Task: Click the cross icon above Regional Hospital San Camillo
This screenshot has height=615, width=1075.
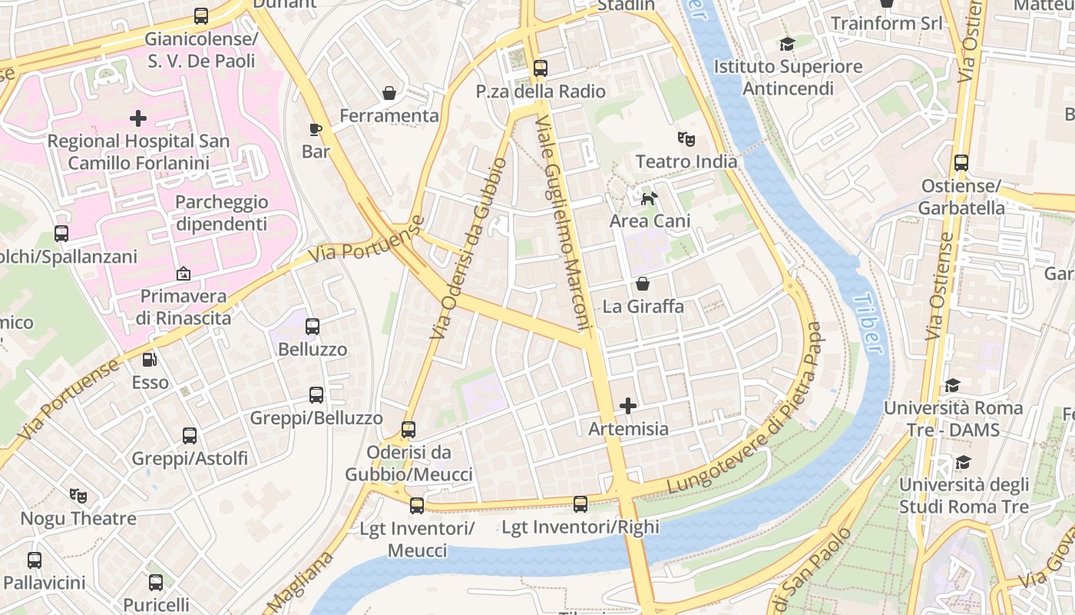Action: click(x=138, y=118)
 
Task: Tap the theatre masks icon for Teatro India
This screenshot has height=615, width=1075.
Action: click(x=686, y=139)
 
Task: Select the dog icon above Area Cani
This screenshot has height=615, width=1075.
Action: click(x=650, y=198)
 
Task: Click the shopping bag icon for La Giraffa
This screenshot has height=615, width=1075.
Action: click(x=643, y=284)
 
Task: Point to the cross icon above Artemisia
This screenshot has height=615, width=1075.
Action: click(x=628, y=405)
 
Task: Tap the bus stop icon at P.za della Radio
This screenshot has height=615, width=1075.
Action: click(x=541, y=68)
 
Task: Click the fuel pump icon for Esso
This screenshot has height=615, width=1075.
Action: click(x=150, y=359)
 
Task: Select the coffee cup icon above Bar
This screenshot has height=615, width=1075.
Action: click(x=315, y=128)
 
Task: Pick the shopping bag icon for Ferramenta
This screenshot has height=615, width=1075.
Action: click(x=389, y=93)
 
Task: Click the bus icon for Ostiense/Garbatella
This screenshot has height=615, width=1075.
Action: click(x=961, y=163)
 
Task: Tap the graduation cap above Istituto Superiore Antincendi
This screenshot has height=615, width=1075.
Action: click(x=787, y=44)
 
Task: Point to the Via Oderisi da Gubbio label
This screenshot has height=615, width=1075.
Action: click(x=468, y=249)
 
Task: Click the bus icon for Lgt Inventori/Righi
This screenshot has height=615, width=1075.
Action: click(x=580, y=504)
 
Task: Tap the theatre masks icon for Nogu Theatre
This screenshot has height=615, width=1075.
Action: click(x=78, y=496)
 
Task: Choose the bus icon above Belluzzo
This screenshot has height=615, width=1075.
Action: click(x=313, y=327)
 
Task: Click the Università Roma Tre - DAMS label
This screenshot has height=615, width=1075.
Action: click(x=953, y=418)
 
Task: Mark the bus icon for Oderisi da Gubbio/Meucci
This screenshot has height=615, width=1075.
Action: click(x=408, y=429)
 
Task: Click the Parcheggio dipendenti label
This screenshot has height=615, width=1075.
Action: click(x=221, y=213)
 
